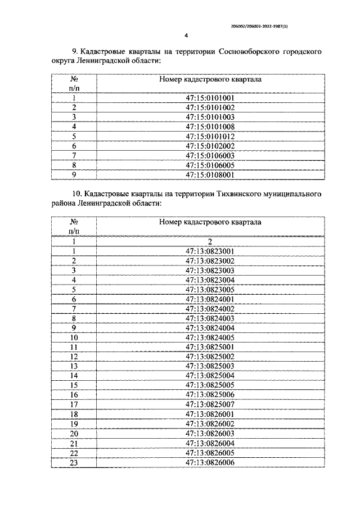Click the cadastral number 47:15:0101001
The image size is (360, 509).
point(210,97)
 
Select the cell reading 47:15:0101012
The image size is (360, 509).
point(210,136)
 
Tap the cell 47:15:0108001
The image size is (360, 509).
point(210,175)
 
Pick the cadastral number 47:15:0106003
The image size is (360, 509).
point(210,156)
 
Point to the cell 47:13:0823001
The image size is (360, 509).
point(210,251)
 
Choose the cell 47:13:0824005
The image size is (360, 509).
point(210,337)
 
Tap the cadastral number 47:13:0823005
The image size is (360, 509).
point(210,290)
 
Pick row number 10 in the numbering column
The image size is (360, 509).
point(74,337)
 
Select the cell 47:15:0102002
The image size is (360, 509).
point(210,146)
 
